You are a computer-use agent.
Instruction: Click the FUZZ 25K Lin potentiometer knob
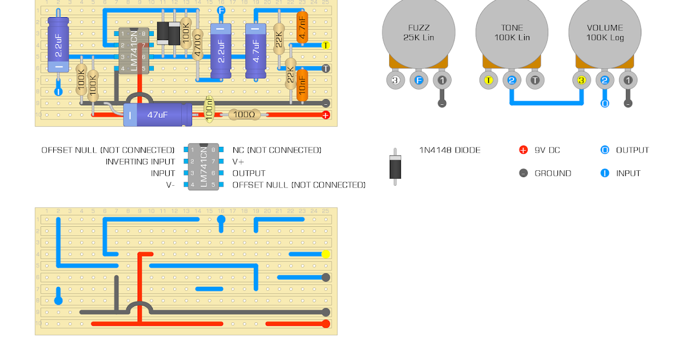tap(418, 32)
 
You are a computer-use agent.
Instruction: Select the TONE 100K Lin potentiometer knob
tap(512, 32)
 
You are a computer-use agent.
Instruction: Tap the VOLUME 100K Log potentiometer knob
tap(605, 32)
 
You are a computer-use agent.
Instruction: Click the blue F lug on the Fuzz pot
tap(418, 81)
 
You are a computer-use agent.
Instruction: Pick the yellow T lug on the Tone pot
tap(488, 81)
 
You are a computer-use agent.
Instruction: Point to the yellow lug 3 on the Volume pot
tap(581, 81)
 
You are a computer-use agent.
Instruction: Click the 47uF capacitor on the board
tap(158, 115)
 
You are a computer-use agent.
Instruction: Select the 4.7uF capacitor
tap(256, 51)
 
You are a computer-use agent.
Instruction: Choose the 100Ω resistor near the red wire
tap(244, 115)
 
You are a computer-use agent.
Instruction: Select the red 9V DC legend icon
tap(523, 150)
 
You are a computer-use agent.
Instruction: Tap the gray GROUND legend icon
tap(523, 173)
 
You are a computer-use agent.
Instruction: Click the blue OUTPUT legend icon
tap(605, 150)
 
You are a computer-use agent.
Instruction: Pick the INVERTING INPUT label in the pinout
tap(140, 162)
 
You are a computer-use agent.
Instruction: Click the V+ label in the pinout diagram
tap(238, 162)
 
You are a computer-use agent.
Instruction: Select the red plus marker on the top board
tap(326, 115)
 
